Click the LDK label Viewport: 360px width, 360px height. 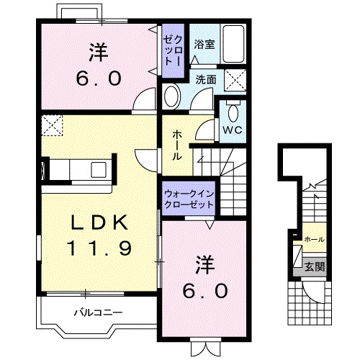(x=99, y=222)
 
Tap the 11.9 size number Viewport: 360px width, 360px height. (x=99, y=248)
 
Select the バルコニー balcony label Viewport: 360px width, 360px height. (x=98, y=312)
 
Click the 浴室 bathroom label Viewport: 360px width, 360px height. (x=204, y=45)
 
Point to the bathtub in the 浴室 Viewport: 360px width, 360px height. (x=233, y=44)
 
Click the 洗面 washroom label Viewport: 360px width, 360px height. (x=206, y=79)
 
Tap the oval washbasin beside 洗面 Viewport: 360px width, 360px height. (x=172, y=96)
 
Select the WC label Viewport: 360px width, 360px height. (x=233, y=130)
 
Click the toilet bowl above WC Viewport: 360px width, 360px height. (x=233, y=113)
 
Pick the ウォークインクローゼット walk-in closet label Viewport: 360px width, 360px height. (x=189, y=199)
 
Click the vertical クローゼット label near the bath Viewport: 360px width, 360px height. (x=174, y=51)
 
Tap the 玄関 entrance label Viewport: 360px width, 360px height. (x=315, y=266)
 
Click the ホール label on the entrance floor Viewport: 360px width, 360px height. (x=315, y=239)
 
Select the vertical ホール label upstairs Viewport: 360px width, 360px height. (x=177, y=145)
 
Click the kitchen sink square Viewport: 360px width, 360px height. (x=99, y=169)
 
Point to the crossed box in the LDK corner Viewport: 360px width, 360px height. (x=52, y=125)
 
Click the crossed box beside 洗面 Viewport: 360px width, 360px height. (x=235, y=80)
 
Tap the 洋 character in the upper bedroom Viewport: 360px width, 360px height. (x=99, y=52)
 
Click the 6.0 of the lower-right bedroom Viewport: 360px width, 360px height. (x=205, y=291)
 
